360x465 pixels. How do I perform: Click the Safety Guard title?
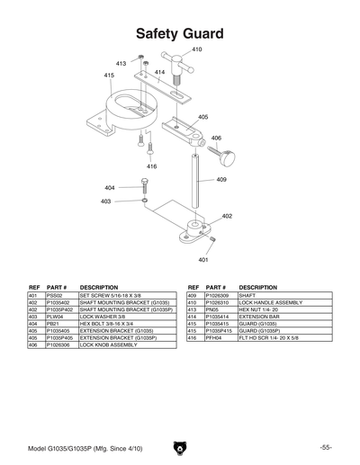pos(179,34)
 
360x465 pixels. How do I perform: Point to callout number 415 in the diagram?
pos(109,76)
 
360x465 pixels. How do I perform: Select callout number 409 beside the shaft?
pos(220,180)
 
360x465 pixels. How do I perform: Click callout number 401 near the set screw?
pos(203,259)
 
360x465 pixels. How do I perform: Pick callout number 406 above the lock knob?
pos(216,138)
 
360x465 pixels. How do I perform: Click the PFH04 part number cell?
pos(213,338)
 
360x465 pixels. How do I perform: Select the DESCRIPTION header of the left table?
pos(99,287)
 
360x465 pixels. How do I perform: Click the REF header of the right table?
pos(193,287)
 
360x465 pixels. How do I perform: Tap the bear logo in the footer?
pos(179,446)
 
